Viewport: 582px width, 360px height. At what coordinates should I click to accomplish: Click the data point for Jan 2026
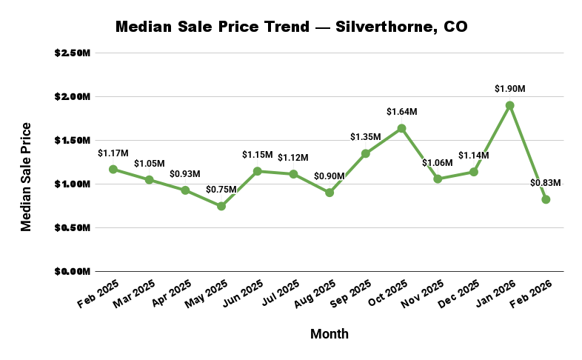(509, 105)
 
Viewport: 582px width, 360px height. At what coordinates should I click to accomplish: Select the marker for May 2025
(221, 206)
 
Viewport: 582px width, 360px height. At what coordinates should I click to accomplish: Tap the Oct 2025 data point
(401, 128)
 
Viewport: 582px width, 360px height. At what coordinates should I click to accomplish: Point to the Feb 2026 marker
(546, 199)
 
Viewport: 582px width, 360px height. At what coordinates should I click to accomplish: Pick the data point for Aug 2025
(330, 193)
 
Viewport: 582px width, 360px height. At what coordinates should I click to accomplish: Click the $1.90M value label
(509, 89)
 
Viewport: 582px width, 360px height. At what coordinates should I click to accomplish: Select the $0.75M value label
(221, 190)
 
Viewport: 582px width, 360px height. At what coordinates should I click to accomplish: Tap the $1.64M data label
(401, 112)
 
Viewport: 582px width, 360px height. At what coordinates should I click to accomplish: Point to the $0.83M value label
(546, 183)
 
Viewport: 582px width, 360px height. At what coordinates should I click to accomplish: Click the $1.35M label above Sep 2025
(365, 137)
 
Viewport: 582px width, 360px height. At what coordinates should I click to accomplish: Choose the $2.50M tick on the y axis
(73, 53)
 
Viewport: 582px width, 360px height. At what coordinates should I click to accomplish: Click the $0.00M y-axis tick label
(73, 271)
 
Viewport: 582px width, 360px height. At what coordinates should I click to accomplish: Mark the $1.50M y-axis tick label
(73, 140)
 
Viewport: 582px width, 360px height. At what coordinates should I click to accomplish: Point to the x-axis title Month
(329, 334)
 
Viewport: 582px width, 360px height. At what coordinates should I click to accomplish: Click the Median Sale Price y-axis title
(27, 177)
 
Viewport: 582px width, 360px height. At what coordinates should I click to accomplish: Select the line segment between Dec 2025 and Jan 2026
(492, 139)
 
